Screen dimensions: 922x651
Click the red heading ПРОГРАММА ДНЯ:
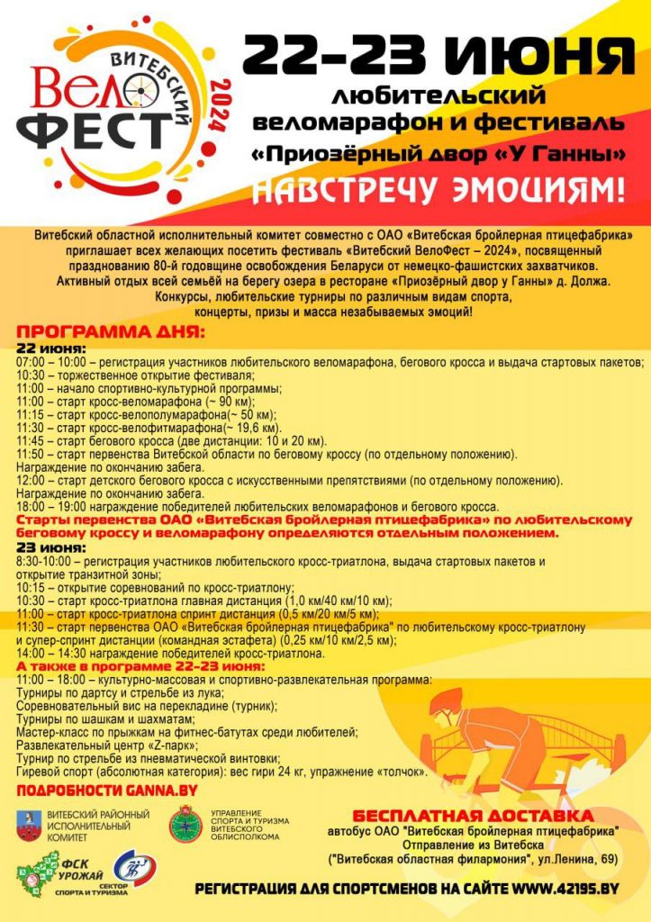[x=112, y=332]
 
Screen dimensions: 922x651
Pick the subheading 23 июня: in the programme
[x=51, y=547]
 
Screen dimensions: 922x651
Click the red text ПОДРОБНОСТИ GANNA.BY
[x=107, y=791]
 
